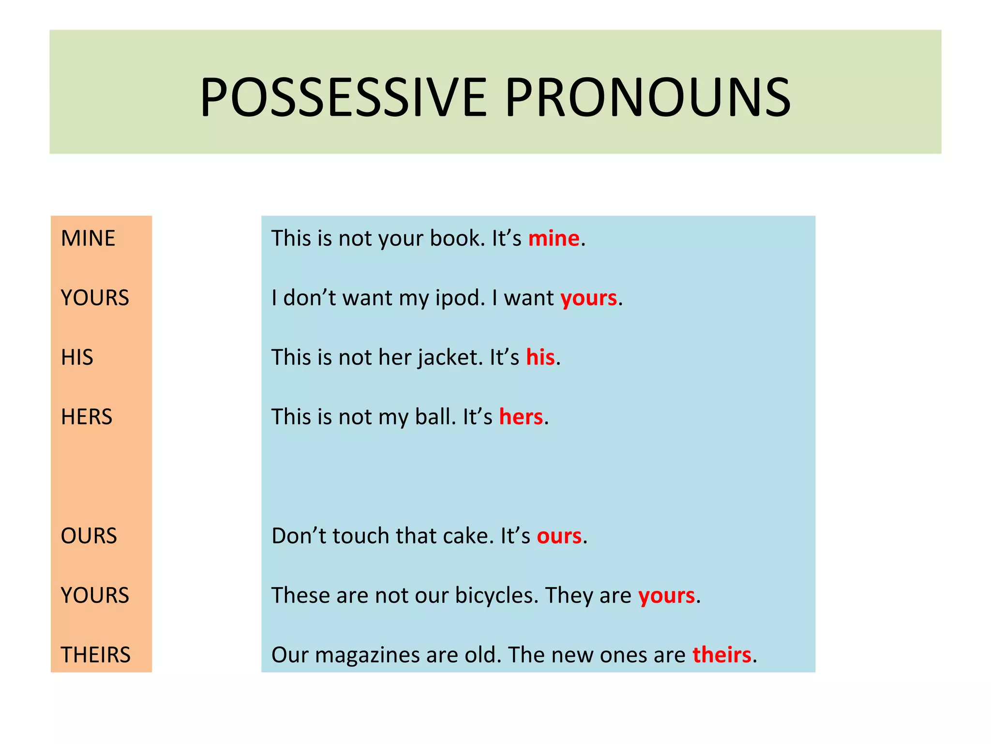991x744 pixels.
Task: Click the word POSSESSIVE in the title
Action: tap(343, 98)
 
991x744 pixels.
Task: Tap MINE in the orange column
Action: tap(88, 238)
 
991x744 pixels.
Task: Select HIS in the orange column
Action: tap(77, 357)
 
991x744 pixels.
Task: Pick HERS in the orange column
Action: tap(87, 417)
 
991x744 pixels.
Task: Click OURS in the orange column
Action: tap(89, 536)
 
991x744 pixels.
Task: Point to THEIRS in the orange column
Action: tap(96, 655)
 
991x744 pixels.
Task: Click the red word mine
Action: tap(554, 238)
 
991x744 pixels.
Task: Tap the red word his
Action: tap(540, 357)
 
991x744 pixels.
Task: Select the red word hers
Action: tap(521, 417)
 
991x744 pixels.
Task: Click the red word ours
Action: tap(559, 536)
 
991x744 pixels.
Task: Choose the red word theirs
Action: tap(721, 655)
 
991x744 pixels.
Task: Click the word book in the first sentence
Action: tap(456, 238)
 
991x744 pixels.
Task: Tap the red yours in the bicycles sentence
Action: tap(666, 596)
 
